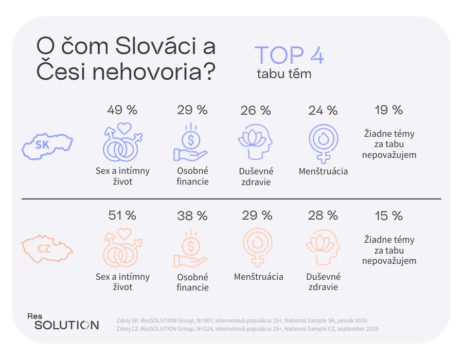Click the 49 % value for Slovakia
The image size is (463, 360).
122,110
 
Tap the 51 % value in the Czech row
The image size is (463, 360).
122,215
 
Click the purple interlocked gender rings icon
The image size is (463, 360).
122,142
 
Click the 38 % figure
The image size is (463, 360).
191,215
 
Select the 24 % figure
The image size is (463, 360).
323,110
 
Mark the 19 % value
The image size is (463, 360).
388,110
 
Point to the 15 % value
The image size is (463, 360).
388,215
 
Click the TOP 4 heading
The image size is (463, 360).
289,56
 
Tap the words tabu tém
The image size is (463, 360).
284,74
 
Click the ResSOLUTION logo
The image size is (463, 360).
63,321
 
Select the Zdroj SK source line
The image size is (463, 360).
242,320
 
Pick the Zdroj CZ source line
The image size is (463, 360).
247,328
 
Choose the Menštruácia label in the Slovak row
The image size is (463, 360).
323,171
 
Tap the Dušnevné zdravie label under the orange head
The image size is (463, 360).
323,282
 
